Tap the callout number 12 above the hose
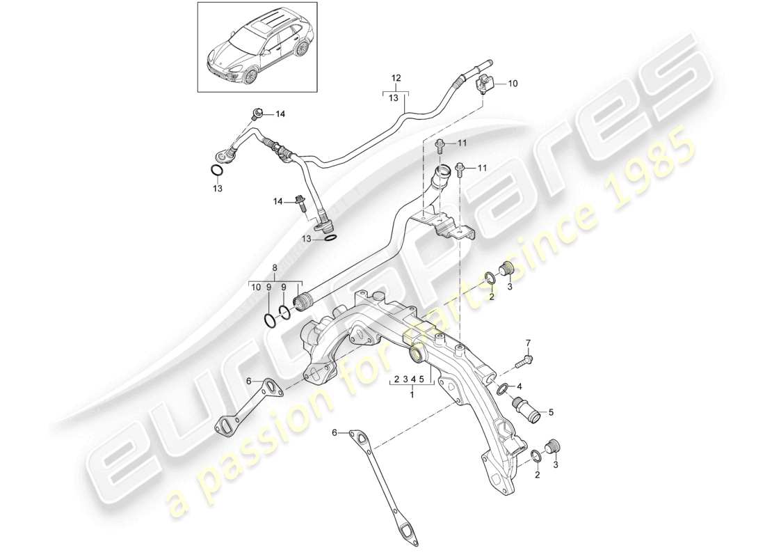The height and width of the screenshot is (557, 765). pyautogui.click(x=396, y=77)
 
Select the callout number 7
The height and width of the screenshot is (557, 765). pyautogui.click(x=527, y=343)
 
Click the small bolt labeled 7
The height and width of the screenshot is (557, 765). pyautogui.click(x=526, y=361)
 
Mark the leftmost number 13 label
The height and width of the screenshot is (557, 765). pyautogui.click(x=218, y=189)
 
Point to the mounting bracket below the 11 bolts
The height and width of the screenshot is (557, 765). pyautogui.click(x=445, y=227)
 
